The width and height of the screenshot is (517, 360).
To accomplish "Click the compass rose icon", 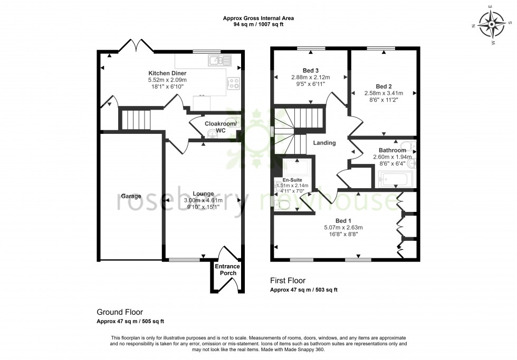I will click(x=491, y=24).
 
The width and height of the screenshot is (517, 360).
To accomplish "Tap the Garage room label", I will click(x=131, y=197).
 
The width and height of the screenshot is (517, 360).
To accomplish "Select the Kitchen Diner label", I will click(x=167, y=73).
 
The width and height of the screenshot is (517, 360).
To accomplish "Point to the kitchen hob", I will click(x=233, y=83).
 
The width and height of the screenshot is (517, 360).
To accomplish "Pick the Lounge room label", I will click(x=203, y=193).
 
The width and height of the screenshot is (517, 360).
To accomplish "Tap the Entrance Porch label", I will click(x=227, y=269).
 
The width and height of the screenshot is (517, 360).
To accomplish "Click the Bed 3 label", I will click(x=310, y=70).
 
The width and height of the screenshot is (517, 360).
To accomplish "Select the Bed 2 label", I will click(x=383, y=86).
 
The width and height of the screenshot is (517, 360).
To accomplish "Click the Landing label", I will click(x=324, y=143).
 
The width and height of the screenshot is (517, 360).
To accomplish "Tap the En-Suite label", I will click(x=292, y=180).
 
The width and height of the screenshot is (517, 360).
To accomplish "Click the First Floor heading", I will click(x=288, y=281).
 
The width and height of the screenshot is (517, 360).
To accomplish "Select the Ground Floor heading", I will click(x=120, y=312).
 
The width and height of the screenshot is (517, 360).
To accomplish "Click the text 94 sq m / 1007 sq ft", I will click(x=258, y=24).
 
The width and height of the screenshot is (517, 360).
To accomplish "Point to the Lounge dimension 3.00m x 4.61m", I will click(x=203, y=200).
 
